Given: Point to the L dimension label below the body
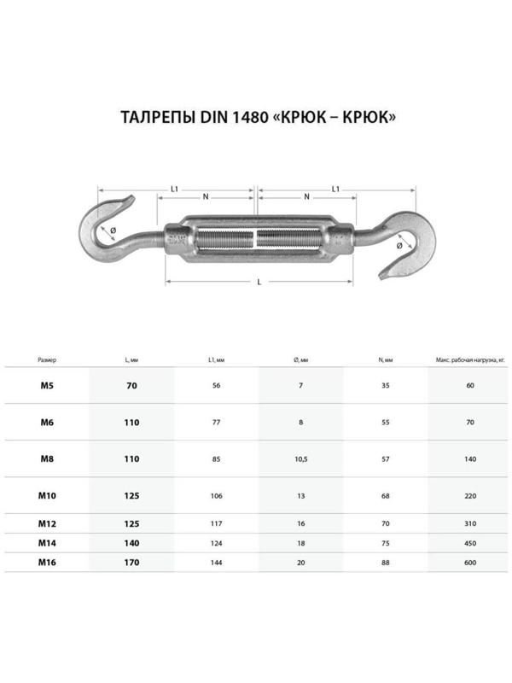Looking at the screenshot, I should tap(259, 283).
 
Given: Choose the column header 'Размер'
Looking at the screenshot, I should tap(48, 361).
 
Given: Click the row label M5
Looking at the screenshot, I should tap(48, 386).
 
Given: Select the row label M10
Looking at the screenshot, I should tap(48, 494).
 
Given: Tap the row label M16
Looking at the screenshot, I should tap(48, 562).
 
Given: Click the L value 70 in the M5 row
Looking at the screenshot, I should tap(131, 386).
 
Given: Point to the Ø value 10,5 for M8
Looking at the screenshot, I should tap(300, 458).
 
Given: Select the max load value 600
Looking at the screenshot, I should tap(471, 563).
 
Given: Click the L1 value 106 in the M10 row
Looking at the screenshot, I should tap(215, 495).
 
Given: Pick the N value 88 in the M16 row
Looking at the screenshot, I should tap(386, 563).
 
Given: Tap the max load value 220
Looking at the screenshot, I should tap(471, 495).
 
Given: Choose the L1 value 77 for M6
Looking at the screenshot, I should tap(215, 423).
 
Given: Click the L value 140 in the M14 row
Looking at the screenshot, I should tap(131, 541).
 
